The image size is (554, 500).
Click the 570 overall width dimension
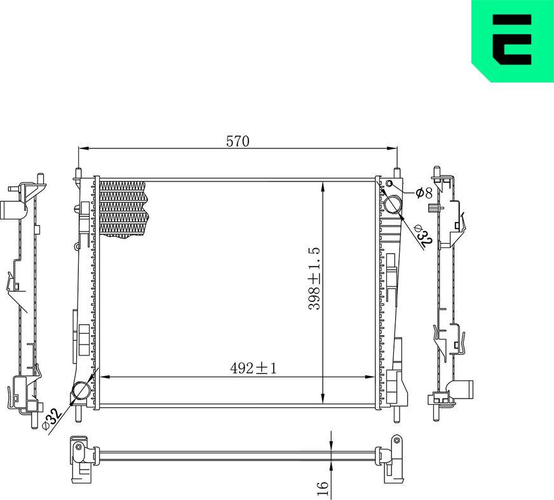238,141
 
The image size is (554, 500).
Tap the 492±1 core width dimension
253,368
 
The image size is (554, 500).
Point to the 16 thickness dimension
323,487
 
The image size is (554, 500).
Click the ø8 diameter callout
424,192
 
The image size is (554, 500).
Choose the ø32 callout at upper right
423,234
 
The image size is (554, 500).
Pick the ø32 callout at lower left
51,418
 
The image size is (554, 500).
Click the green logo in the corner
512,41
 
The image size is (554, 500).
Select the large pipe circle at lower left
81,392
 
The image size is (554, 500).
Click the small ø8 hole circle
389,185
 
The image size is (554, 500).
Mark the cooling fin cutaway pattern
123,208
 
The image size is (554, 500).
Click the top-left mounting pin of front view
78,173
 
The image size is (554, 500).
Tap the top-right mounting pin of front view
397,173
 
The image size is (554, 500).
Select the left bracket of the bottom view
80,457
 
